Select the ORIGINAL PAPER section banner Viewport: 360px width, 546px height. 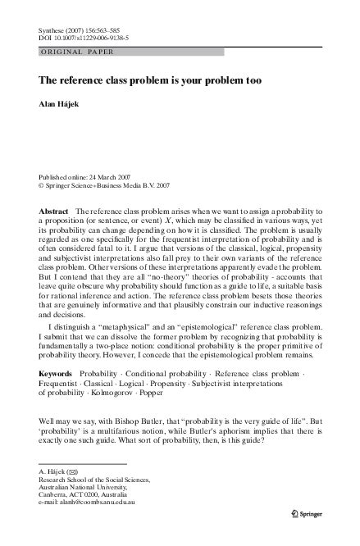point(70,52)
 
